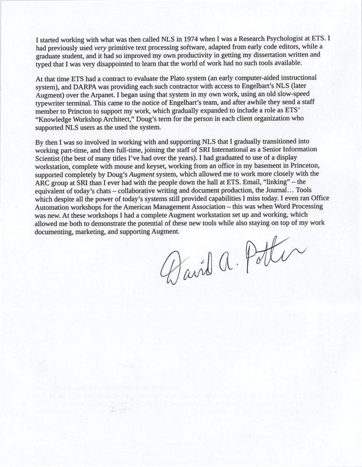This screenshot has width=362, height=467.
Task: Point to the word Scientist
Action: click(49, 156)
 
